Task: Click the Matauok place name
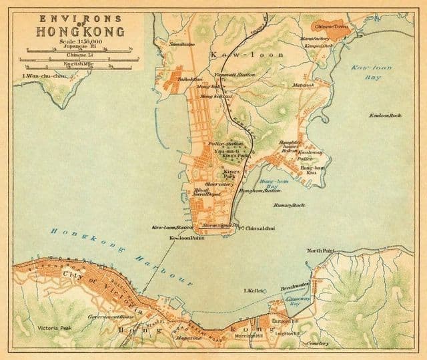303,85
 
